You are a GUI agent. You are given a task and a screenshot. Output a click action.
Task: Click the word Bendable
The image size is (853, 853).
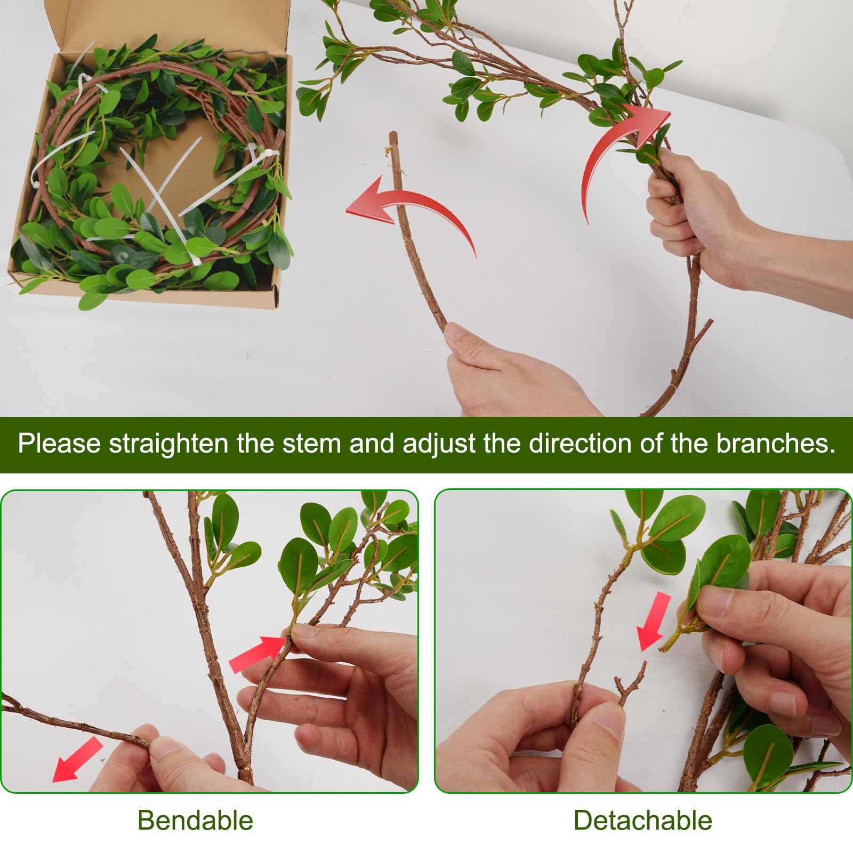(195, 820)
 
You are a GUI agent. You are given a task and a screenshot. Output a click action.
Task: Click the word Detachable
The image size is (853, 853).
(642, 820)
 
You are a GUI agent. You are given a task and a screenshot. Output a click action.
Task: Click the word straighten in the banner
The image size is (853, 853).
(168, 444)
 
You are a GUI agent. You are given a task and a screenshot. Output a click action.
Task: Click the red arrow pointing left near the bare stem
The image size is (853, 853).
(405, 208)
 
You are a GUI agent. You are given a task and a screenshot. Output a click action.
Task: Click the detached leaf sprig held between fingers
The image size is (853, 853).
(709, 586)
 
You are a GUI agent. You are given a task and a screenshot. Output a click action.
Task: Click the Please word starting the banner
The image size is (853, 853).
(59, 444)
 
